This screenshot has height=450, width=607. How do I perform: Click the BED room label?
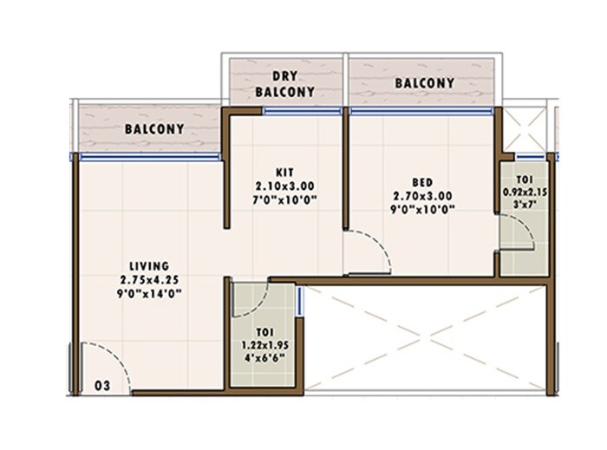[422, 182]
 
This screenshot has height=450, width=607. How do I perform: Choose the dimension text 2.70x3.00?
[422, 196]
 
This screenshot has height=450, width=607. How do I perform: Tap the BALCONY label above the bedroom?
[424, 83]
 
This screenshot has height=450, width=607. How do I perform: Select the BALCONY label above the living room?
[154, 129]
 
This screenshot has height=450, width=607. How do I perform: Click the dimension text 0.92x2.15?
[525, 192]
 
